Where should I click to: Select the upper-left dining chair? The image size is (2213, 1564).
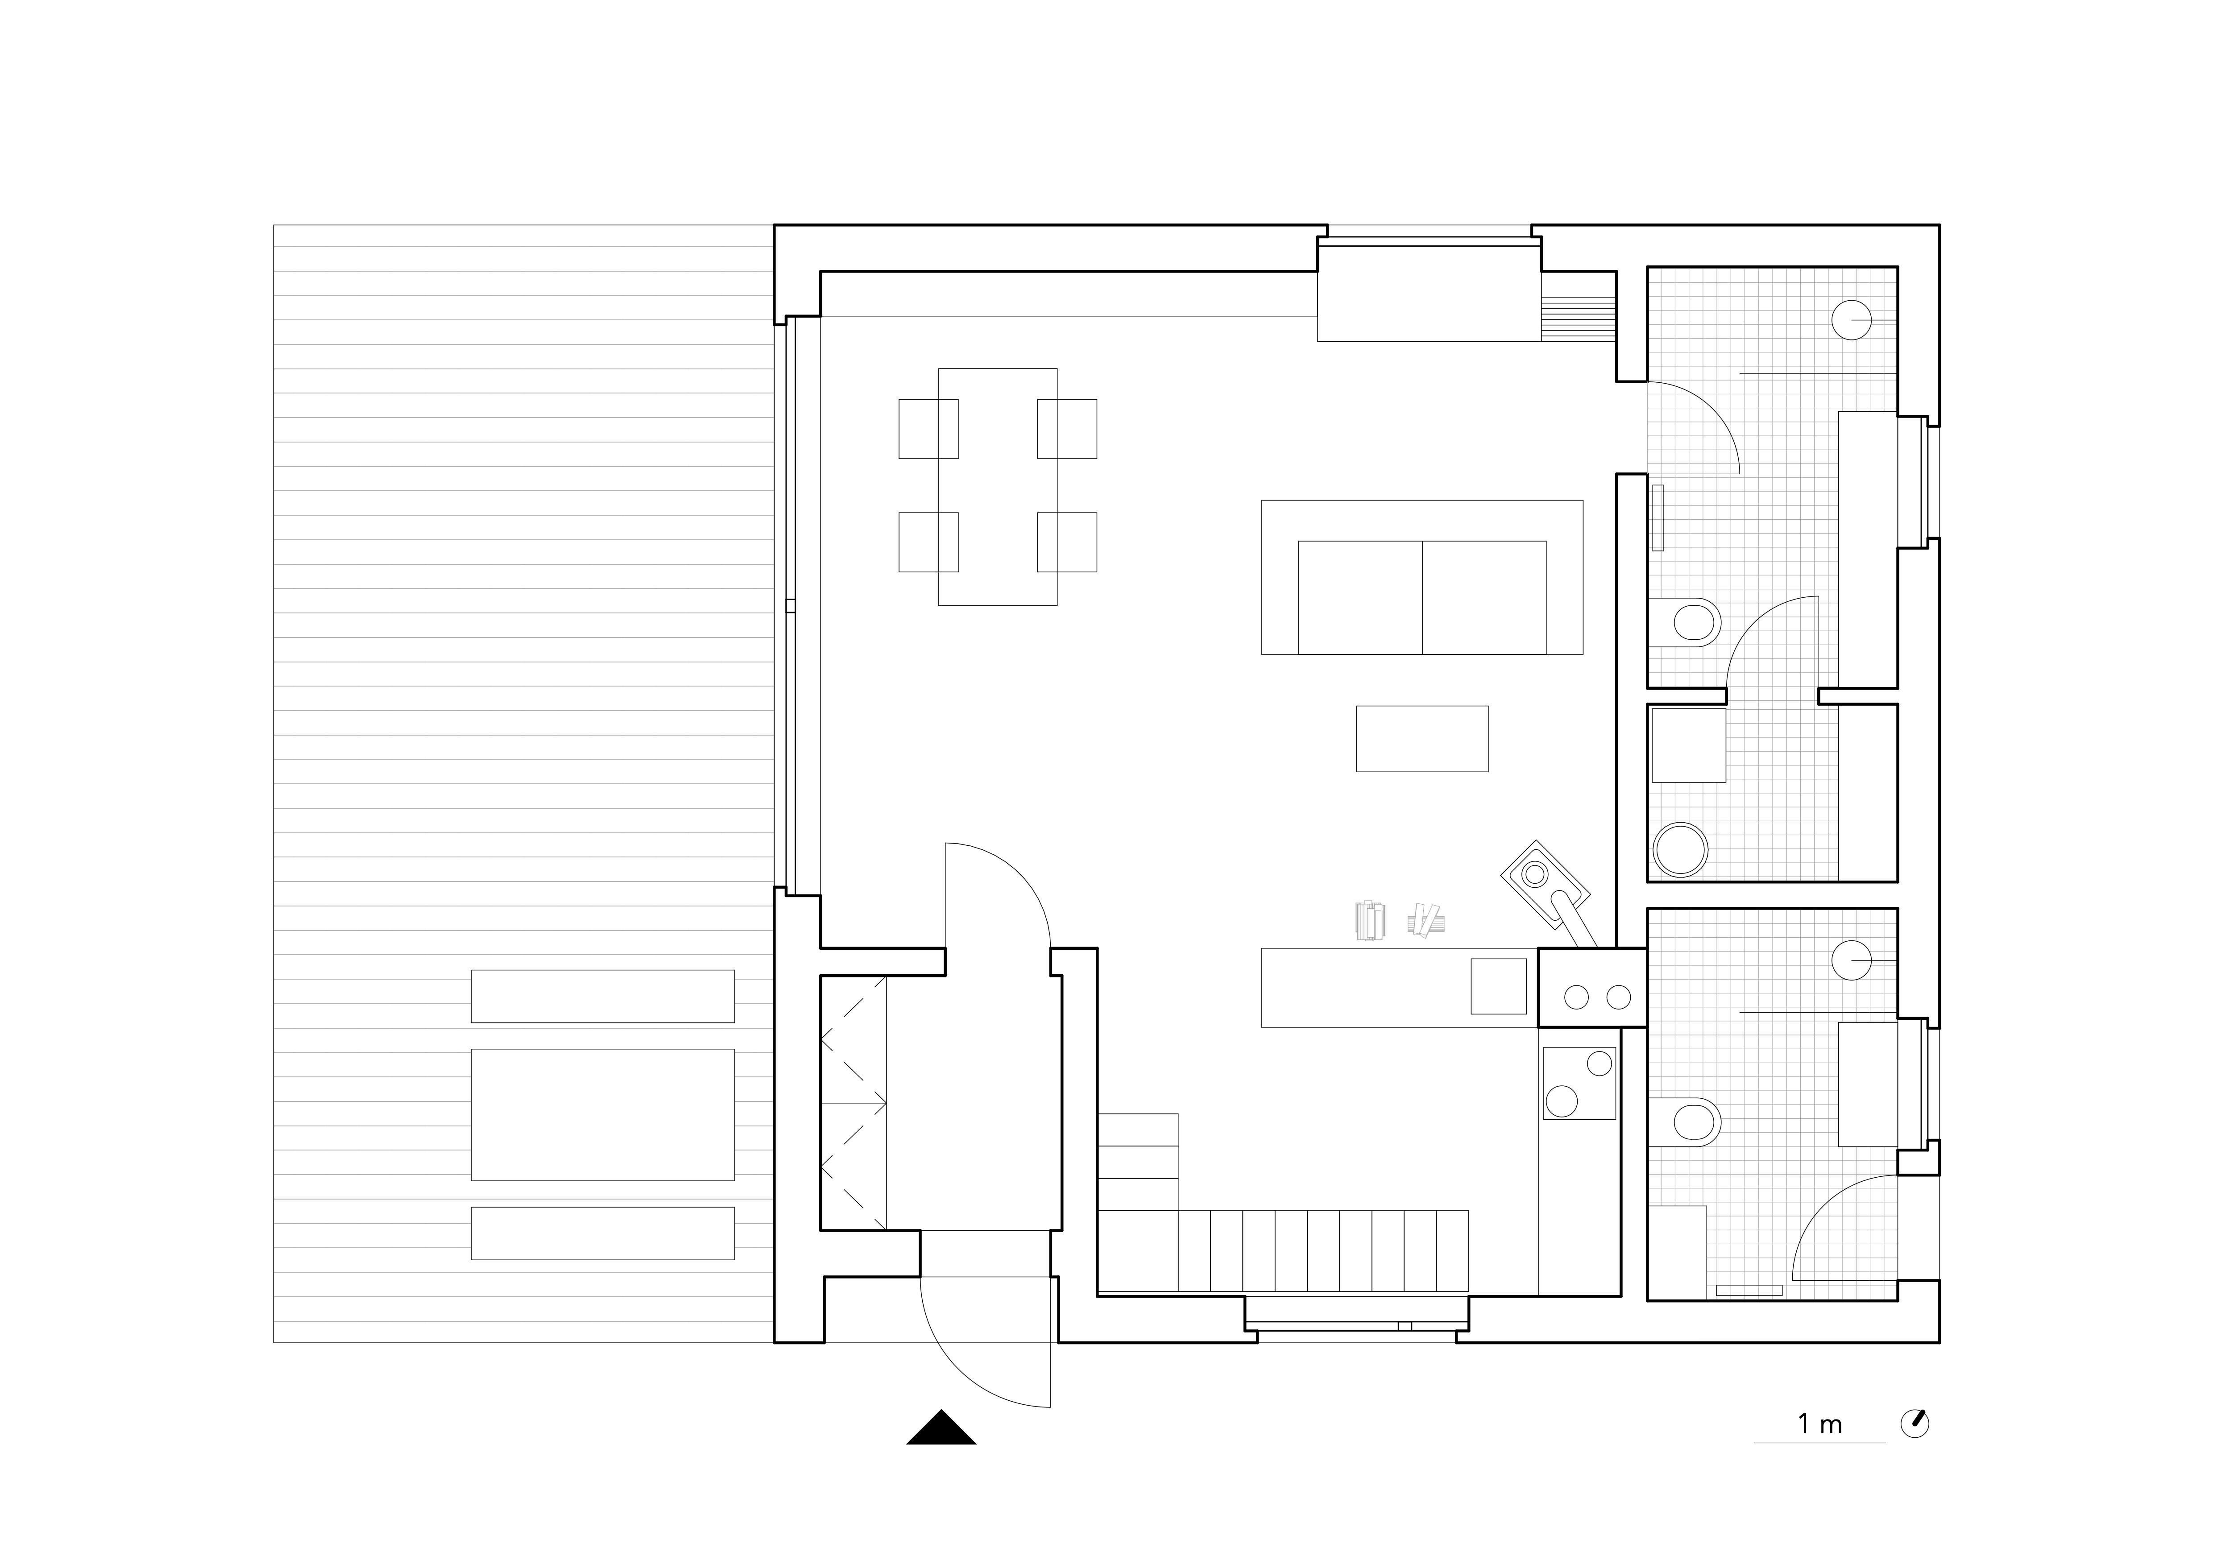pos(928,428)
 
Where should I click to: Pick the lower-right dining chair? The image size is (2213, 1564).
pos(1067,542)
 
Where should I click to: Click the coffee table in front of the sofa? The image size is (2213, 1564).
pos(1421,738)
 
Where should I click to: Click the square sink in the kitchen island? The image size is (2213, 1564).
pos(1498,986)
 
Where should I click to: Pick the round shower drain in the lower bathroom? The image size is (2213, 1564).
pos(1851,961)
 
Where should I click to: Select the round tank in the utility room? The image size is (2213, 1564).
pos(1680,849)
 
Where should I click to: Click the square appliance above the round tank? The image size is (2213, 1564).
pos(1689,745)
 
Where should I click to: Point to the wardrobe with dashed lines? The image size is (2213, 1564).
pos(853,1102)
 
